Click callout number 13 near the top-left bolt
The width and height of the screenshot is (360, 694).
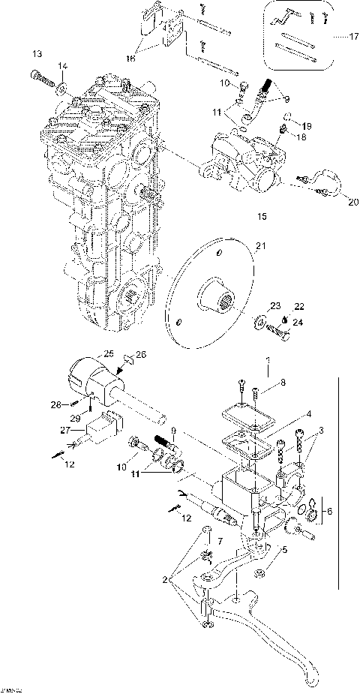[37, 53]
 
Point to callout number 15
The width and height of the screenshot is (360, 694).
[262, 217]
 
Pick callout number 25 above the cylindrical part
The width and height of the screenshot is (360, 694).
[108, 353]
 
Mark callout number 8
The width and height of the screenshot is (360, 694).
[283, 383]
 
